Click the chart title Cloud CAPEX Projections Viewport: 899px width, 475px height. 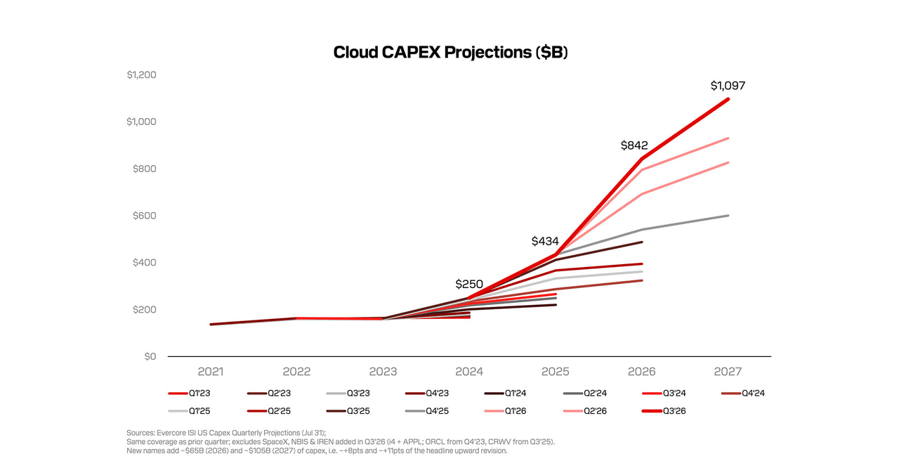pos(450,52)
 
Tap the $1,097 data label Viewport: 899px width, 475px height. pos(728,86)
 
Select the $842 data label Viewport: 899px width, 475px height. pos(634,145)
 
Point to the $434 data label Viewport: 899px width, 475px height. pos(545,241)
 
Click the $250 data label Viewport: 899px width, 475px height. pos(468,285)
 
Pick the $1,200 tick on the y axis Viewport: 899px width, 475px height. pos(141,74)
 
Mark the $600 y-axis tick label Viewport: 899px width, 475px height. pos(145,216)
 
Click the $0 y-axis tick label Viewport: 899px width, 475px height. pos(150,356)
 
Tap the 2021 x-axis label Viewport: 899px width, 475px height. pos(211,372)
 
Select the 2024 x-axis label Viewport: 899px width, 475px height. pos(468,372)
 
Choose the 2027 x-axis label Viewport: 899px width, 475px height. pos(728,372)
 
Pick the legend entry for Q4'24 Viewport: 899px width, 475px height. pos(743,393)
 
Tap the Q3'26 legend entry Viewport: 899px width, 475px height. pos(664,411)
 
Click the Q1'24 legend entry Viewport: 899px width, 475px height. pos(505,393)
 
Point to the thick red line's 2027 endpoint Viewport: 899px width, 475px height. pos(728,99)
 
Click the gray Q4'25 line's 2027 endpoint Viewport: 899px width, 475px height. pos(728,216)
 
